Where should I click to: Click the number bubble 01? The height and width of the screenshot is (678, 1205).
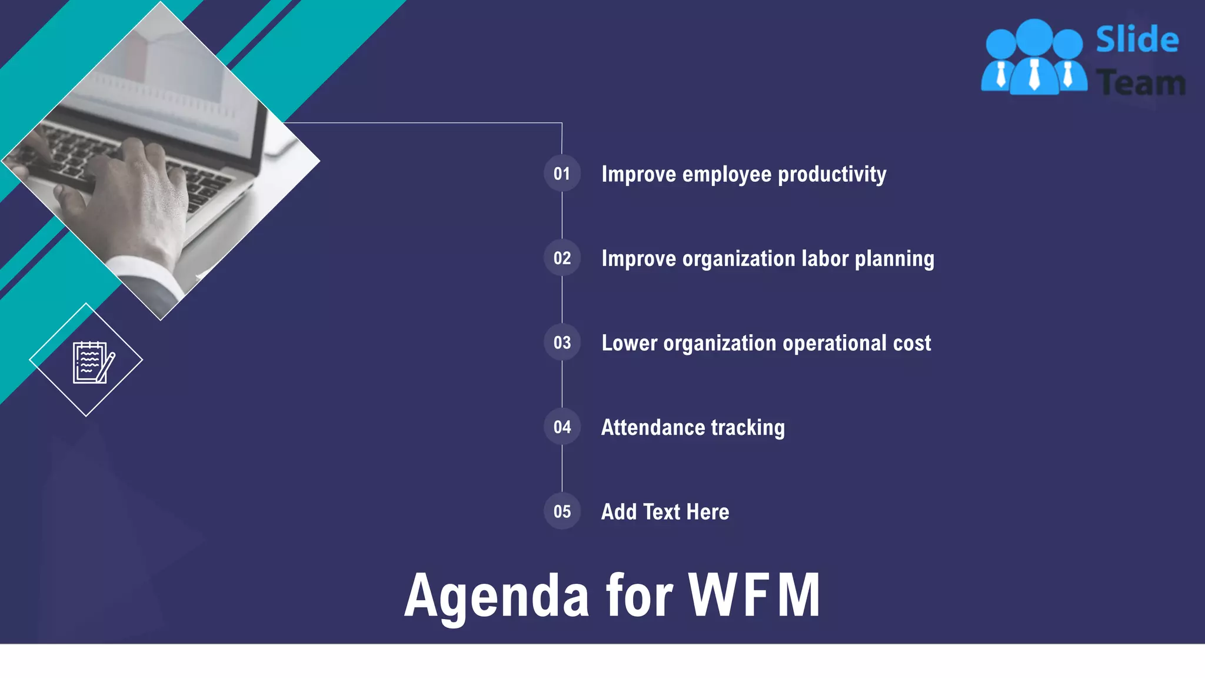coord(562,174)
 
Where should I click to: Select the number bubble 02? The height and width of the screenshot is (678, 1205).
coord(562,258)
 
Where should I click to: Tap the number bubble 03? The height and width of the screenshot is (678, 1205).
coord(562,343)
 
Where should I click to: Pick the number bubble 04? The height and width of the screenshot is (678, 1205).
coord(562,427)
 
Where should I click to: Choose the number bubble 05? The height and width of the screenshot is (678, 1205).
coord(562,511)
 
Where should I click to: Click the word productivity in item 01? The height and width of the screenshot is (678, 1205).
coord(832,175)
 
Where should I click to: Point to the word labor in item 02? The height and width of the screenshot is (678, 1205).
coord(825,258)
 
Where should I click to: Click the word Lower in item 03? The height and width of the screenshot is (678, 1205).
coord(629,343)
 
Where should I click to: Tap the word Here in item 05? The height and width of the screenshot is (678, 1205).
coord(707,512)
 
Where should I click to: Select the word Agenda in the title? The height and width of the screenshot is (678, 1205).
coord(497,597)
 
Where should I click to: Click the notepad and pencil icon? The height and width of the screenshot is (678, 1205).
coord(92,362)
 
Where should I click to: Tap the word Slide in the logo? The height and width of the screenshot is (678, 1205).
coord(1137,40)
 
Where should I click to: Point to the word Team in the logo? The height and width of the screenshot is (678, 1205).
coord(1140,82)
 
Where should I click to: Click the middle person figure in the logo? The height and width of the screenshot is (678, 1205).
coord(1034,59)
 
